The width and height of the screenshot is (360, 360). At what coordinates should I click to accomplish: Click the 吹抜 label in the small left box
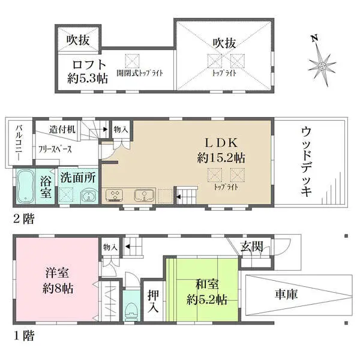(x=78, y=40)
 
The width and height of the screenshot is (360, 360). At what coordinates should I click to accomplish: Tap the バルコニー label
(x=19, y=143)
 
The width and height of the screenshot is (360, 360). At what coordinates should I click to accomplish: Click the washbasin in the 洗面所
(x=88, y=196)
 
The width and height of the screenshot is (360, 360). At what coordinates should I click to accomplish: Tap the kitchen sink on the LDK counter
(x=145, y=194)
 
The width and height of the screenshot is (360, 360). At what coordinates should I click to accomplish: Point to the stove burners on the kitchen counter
(x=114, y=195)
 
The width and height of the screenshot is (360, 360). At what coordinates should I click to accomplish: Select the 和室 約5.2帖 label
(x=206, y=292)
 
